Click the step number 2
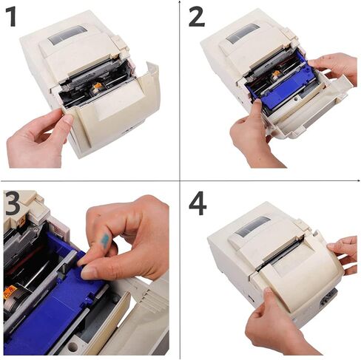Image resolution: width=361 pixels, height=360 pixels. coord(195,16)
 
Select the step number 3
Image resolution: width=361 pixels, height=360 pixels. coord(13,203)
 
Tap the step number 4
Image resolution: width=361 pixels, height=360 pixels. coord(197,203)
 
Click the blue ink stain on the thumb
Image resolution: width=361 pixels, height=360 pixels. coord(105,240)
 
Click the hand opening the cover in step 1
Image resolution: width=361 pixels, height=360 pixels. coord(37,137)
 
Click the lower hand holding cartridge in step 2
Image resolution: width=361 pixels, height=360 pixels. coord(252,137)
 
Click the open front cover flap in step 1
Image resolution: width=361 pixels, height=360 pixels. coord(122,111)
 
